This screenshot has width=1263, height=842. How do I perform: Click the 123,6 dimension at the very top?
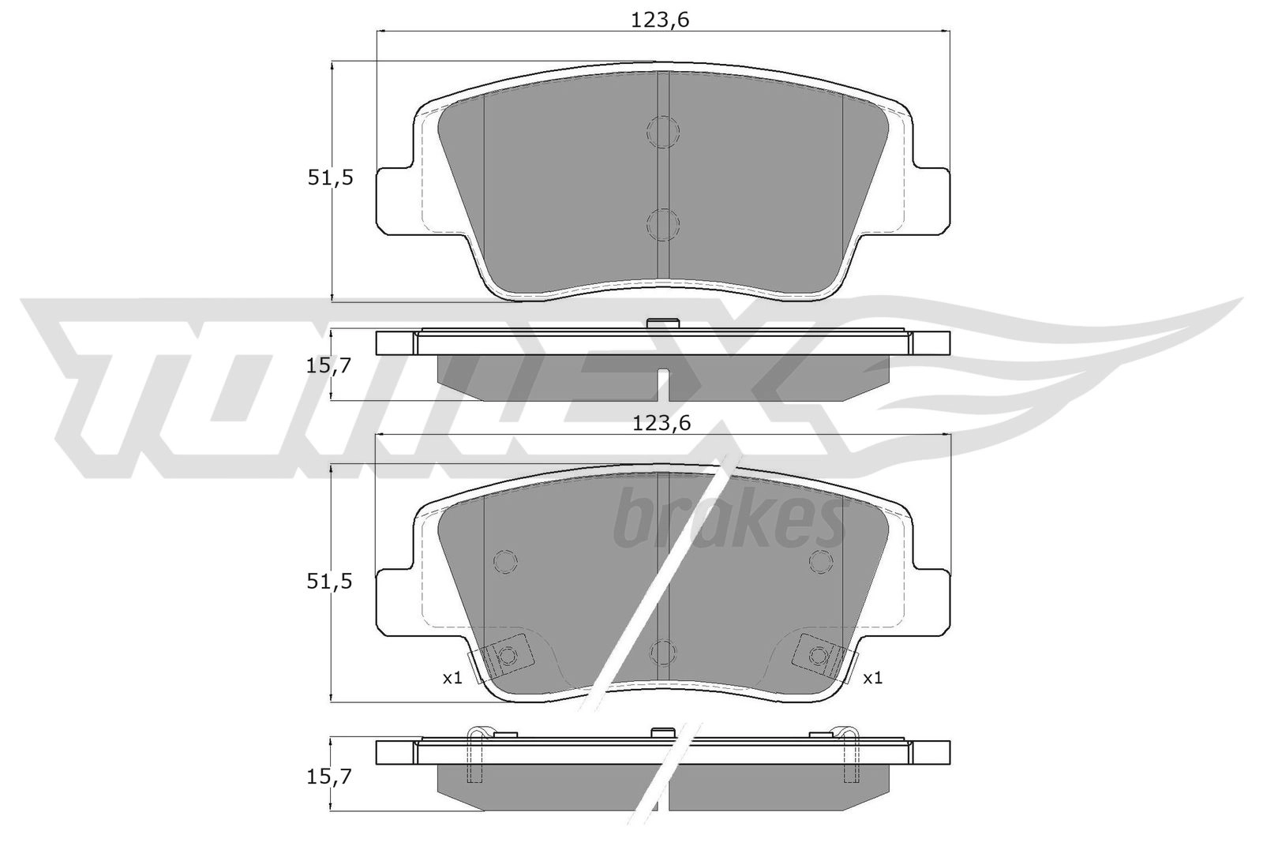(x=660, y=21)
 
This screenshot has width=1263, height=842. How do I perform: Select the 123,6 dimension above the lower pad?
(x=661, y=423)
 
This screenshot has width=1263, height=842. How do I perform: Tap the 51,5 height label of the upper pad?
(x=331, y=178)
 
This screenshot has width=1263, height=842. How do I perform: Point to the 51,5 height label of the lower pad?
(x=329, y=582)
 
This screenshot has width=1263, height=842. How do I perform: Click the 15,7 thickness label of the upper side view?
(x=328, y=366)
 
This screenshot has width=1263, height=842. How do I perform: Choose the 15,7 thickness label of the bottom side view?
(x=328, y=777)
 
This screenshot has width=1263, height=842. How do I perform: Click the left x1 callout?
(x=452, y=678)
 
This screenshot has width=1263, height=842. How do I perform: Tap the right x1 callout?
(x=872, y=678)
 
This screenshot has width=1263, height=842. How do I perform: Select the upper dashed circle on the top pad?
(x=663, y=132)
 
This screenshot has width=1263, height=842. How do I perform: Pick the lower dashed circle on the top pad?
(x=663, y=224)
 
